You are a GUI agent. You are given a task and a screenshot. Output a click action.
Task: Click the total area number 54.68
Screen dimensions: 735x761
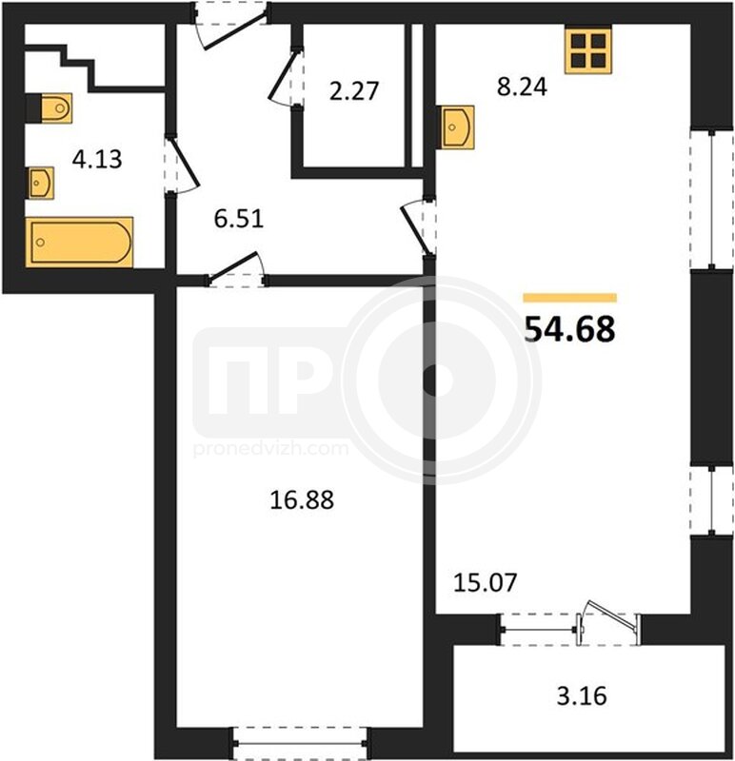coord(570,328)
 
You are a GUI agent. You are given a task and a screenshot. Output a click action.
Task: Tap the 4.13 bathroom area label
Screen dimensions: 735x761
coord(97,159)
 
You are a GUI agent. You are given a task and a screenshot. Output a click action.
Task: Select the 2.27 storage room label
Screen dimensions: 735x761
coord(353,91)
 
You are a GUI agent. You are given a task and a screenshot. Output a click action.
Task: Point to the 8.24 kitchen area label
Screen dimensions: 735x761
coord(522,87)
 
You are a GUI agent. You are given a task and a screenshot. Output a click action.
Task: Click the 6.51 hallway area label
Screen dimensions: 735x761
coord(239,219)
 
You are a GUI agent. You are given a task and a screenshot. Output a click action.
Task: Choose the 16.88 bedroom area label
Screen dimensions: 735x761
coord(302,500)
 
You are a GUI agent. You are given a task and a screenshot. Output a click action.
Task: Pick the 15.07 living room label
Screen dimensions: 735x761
coord(485,582)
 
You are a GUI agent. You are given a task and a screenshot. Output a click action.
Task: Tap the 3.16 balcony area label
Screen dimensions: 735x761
coord(582,696)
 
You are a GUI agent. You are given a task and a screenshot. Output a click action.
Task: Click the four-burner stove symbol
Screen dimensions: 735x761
coord(587,49)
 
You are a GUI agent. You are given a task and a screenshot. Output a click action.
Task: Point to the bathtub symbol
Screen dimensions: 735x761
coord(79,242)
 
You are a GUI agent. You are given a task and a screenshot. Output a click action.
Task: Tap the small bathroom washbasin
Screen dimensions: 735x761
coord(40,183)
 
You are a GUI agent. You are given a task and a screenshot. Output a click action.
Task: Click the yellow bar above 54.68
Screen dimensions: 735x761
coord(570,298)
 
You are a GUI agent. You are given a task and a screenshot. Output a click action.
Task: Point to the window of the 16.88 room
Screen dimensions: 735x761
coord(300,744)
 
